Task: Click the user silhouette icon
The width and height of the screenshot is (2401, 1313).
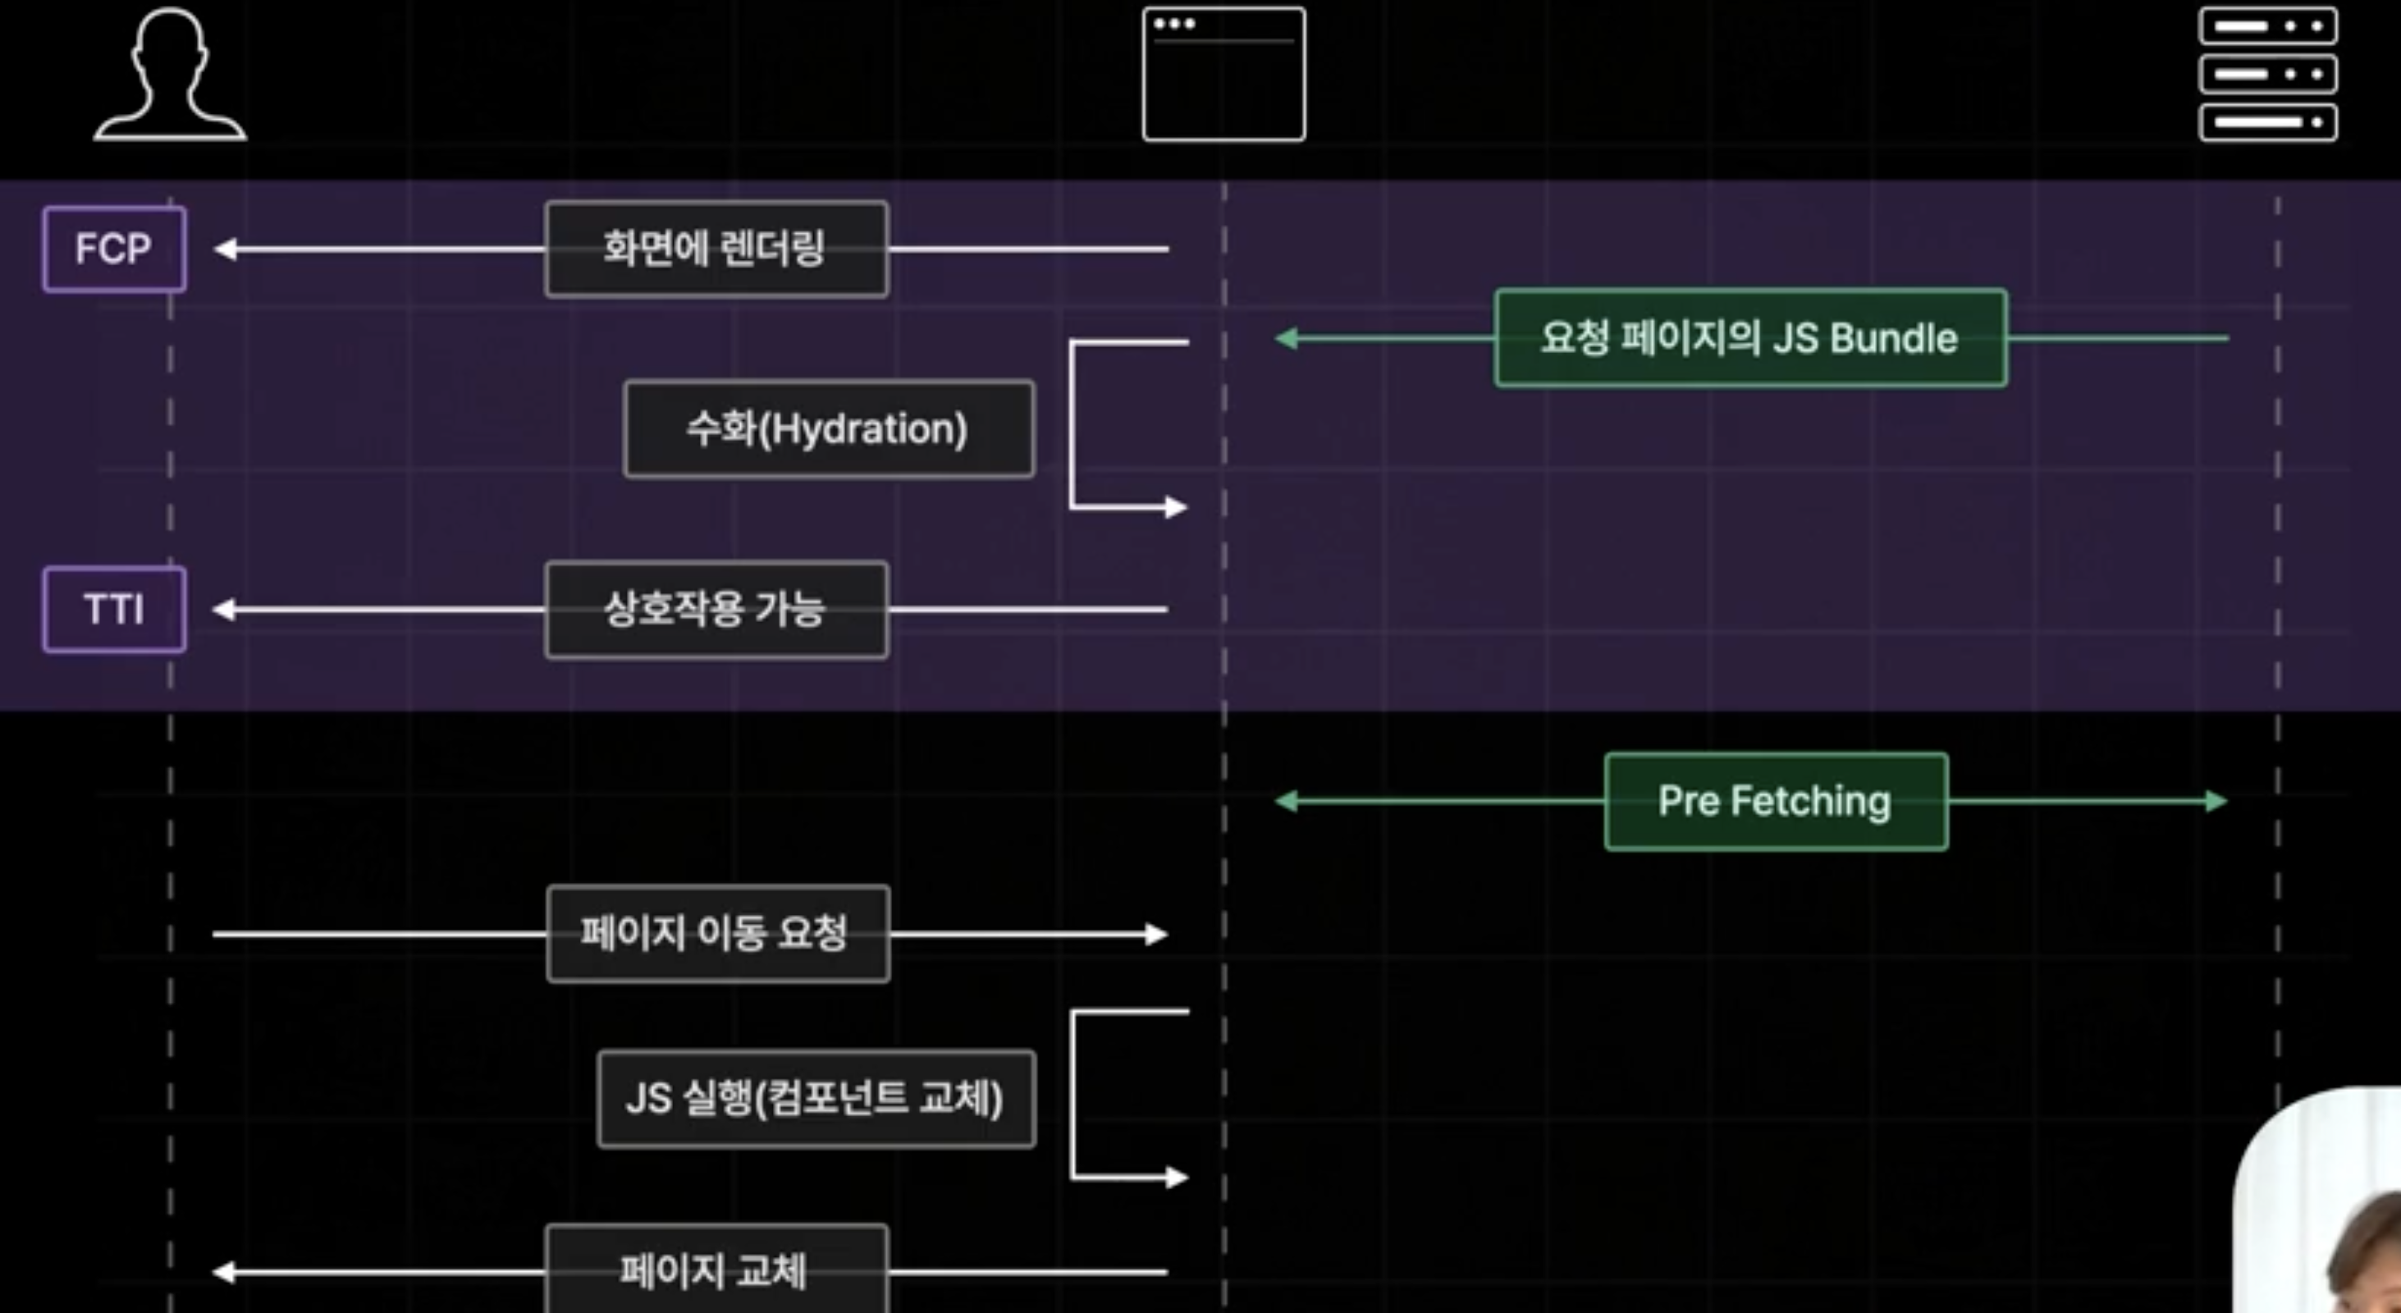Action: (171, 75)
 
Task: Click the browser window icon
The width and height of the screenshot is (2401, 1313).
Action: (1223, 75)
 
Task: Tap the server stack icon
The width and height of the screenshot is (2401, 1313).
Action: (2268, 75)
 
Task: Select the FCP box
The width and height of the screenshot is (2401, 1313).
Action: (114, 249)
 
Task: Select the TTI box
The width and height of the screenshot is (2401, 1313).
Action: (114, 610)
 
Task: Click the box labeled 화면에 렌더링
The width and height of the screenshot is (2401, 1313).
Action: (716, 249)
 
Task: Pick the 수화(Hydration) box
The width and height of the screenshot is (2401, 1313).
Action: (829, 428)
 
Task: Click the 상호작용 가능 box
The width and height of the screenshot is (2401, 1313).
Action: (716, 610)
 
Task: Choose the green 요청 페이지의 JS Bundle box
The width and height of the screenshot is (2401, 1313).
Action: (1749, 337)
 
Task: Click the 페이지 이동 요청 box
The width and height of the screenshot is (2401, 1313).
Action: (718, 933)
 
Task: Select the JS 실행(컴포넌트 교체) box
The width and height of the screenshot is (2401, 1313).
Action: (816, 1099)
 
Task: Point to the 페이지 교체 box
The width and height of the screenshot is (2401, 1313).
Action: (716, 1271)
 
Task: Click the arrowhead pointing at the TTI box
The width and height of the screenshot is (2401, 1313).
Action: (225, 610)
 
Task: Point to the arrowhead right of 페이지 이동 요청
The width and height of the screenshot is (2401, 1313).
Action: (1157, 934)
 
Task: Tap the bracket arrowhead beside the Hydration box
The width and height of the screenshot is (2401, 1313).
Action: (1176, 507)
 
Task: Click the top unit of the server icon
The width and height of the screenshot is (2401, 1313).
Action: (2268, 26)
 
